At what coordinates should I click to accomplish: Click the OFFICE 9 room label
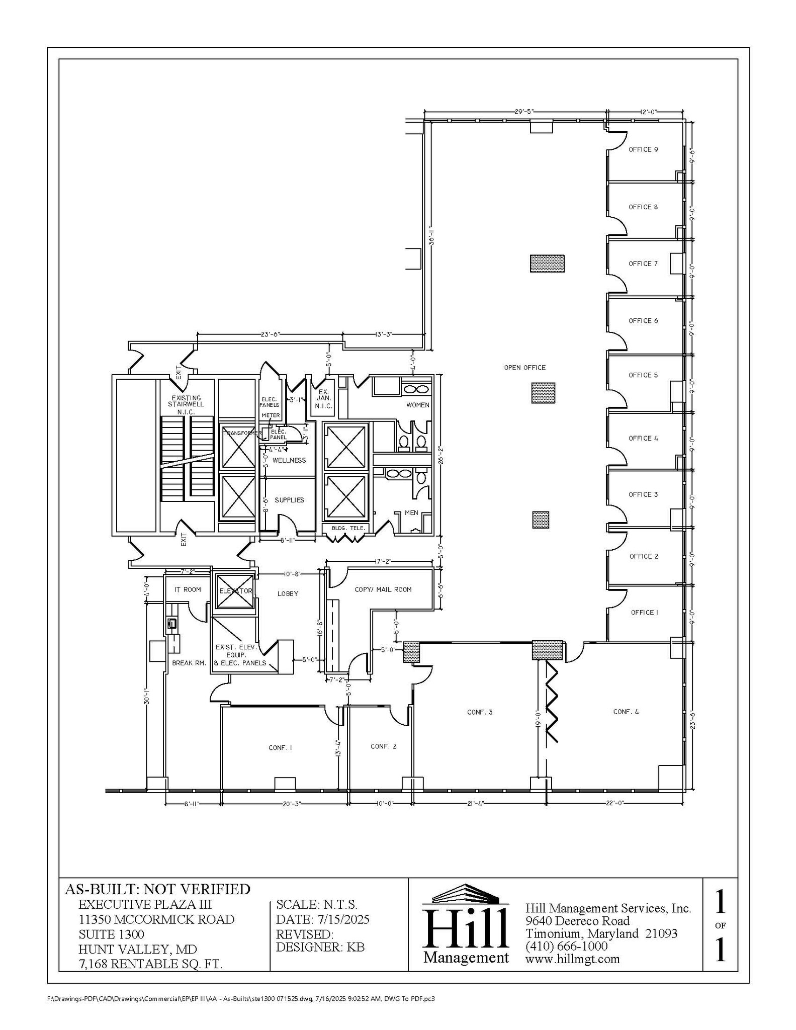pos(643,149)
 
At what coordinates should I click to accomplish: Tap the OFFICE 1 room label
pos(644,612)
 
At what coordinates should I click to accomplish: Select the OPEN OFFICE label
pos(524,368)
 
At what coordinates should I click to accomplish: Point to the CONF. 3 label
pos(480,712)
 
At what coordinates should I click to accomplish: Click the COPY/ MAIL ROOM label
pos(383,589)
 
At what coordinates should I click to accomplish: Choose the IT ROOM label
pos(188,589)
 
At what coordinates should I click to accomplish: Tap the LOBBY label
pos(288,593)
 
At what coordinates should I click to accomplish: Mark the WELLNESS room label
pos(289,460)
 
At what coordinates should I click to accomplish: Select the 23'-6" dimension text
pos(270,334)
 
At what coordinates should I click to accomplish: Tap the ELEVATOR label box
pos(235,591)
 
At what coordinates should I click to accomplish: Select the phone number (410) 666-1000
pos(566,946)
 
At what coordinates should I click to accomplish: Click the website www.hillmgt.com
pos(572,959)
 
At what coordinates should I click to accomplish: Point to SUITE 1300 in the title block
pos(111,934)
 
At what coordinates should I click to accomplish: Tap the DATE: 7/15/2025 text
pos(322,919)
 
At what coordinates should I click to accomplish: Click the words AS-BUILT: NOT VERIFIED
pos(157,889)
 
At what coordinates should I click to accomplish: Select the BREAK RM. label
pos(189,663)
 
